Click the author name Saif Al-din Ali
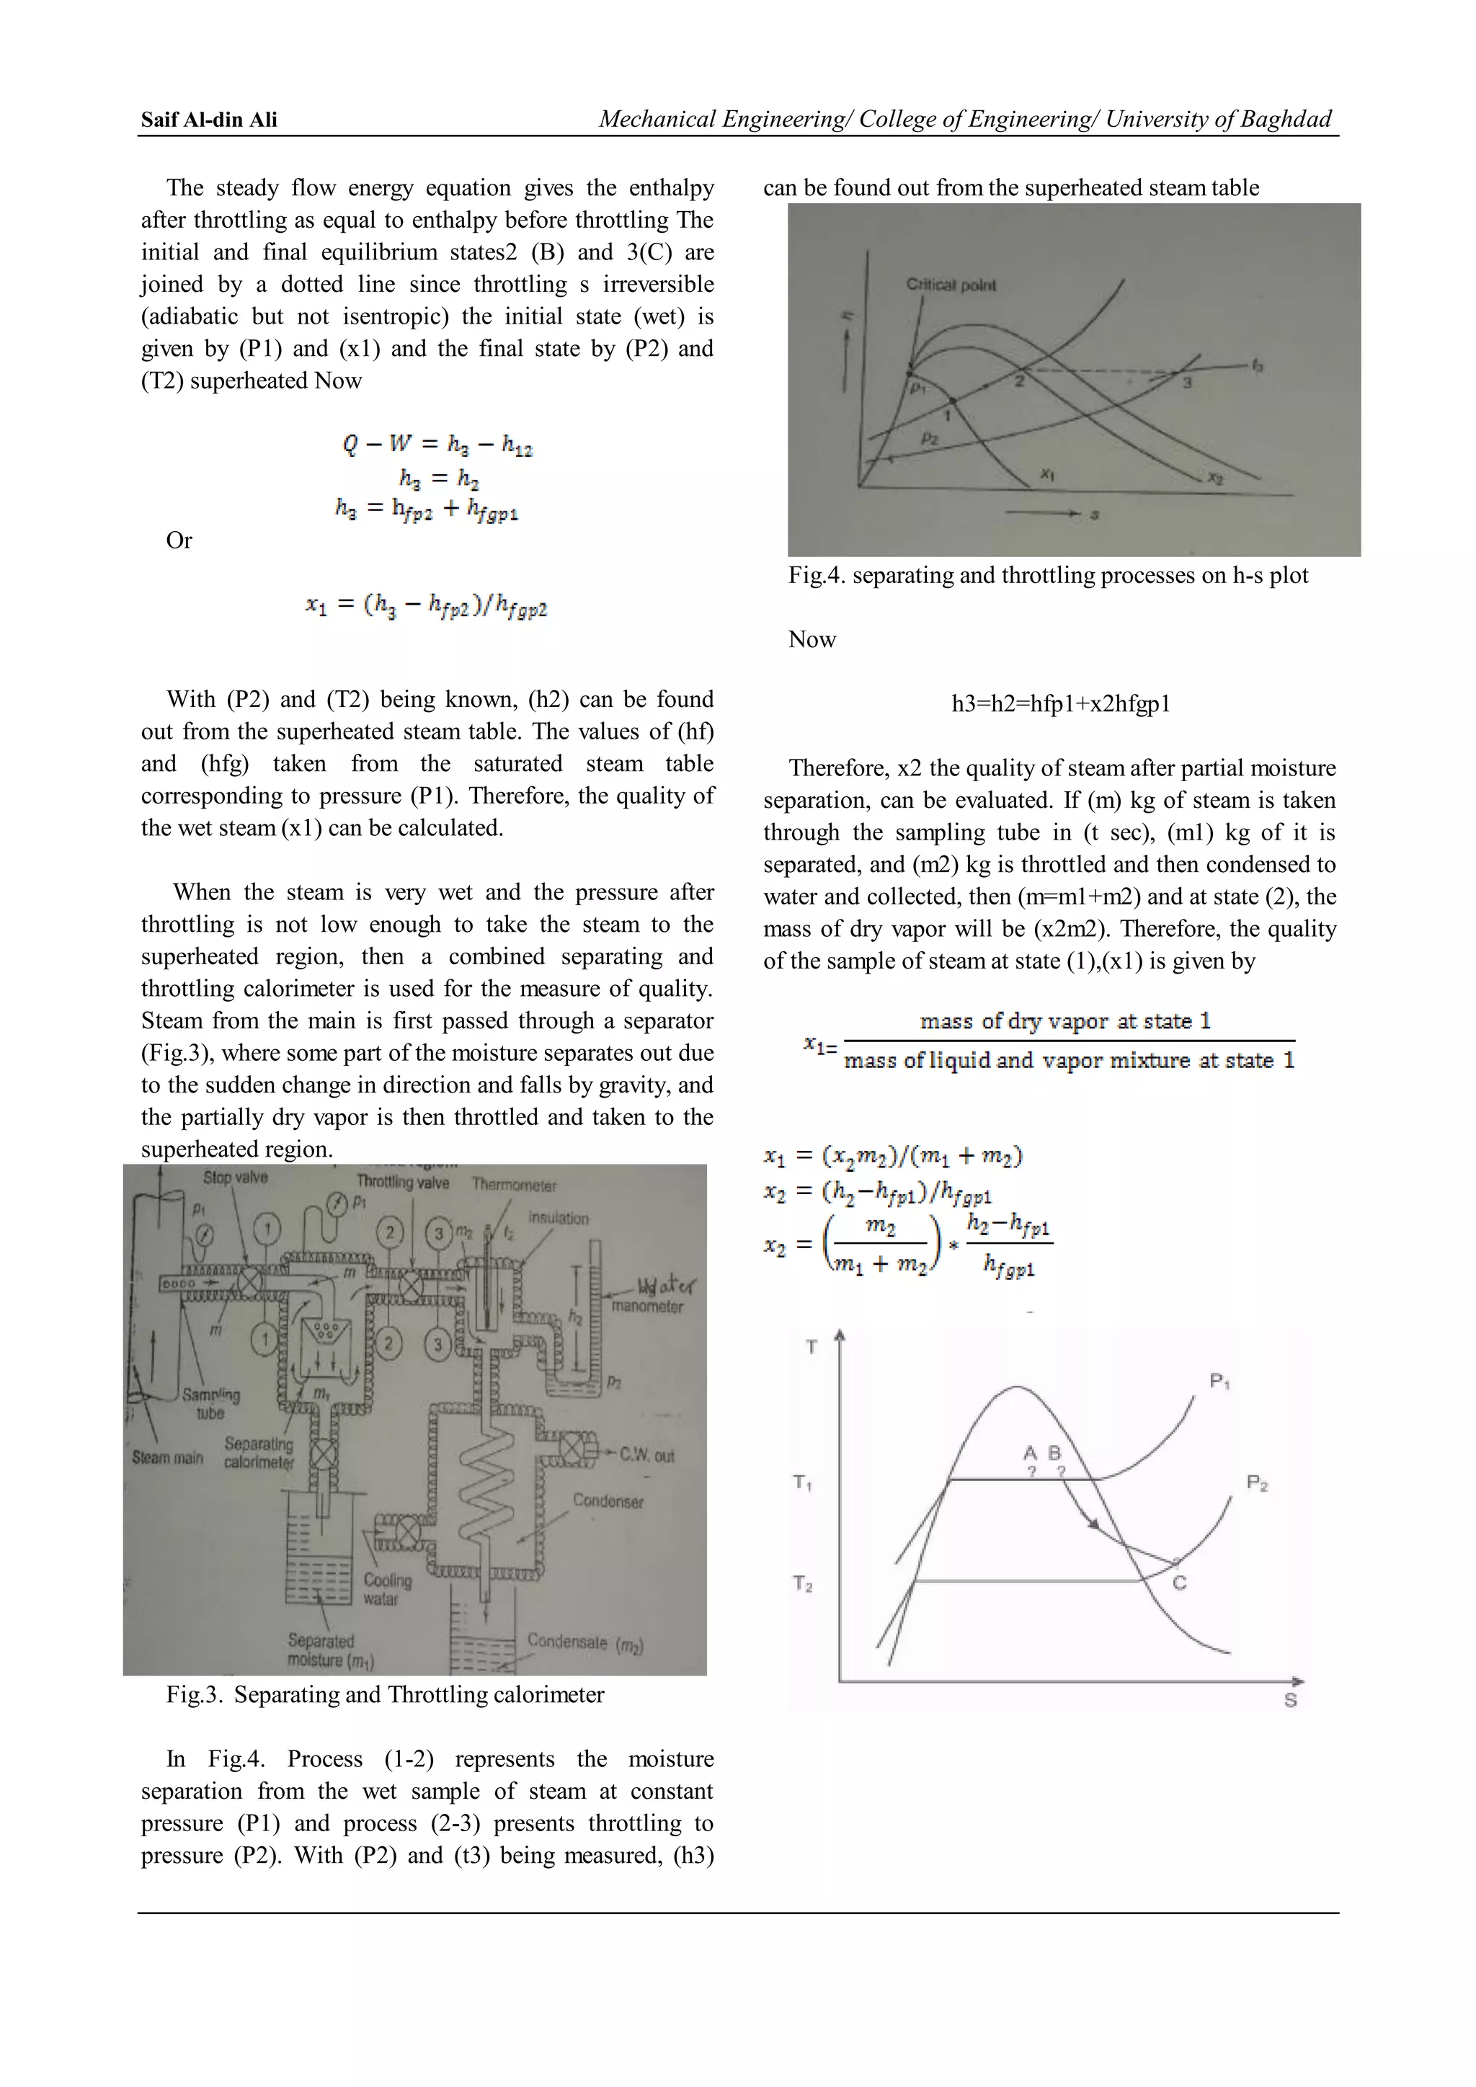(x=209, y=119)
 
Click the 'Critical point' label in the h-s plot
(x=951, y=285)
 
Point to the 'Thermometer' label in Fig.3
(x=515, y=1185)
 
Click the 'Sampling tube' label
(x=211, y=1403)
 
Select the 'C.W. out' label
(x=646, y=1455)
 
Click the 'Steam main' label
(x=167, y=1457)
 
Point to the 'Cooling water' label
(x=387, y=1589)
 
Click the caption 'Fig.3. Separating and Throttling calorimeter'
(x=386, y=1694)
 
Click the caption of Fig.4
(x=1048, y=574)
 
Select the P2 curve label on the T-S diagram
(x=1257, y=1483)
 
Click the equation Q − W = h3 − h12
(x=437, y=445)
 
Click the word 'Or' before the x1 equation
(x=179, y=540)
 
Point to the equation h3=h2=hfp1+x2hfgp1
(x=1061, y=703)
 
